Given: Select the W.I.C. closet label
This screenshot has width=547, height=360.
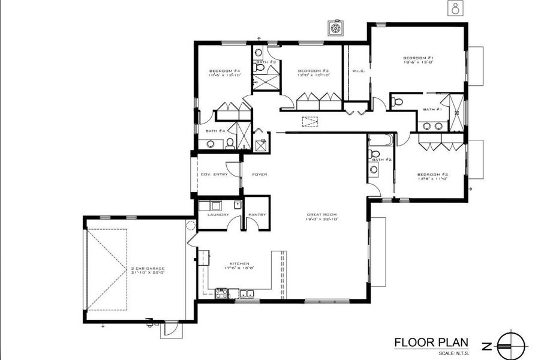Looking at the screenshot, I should (359, 71).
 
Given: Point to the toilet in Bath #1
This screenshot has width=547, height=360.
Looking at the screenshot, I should (397, 102).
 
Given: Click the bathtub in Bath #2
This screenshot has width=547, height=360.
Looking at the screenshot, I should (380, 141).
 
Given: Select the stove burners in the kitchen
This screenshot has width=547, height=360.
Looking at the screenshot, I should (222, 293).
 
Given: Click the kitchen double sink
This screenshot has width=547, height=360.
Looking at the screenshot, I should (245, 293).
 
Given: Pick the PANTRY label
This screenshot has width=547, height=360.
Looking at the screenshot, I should (257, 214).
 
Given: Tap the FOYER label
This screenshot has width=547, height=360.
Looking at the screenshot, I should (259, 175).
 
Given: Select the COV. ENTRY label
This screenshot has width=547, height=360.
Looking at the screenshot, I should (214, 175).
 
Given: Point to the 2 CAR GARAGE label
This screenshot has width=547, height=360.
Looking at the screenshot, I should (148, 268).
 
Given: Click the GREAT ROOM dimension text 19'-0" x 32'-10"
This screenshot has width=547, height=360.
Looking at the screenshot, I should (322, 220).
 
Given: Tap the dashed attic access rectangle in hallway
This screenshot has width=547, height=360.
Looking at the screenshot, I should (310, 121).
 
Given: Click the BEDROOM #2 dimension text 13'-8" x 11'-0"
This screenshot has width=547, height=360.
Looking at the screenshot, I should (432, 179).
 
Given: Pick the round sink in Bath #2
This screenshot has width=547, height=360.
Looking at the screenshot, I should (374, 169).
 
